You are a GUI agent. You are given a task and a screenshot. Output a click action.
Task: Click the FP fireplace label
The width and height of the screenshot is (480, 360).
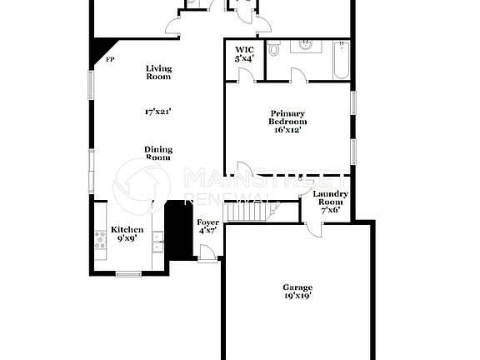coord(109,60)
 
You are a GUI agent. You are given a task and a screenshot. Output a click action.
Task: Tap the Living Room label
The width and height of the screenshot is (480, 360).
coord(158,72)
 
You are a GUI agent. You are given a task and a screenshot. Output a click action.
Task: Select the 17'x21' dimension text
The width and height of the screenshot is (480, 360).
coord(158,110)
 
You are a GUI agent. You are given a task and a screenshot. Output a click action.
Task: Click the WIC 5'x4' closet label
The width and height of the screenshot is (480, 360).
coord(244,55)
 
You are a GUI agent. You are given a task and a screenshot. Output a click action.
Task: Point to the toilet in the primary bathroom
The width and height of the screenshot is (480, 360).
coord(274,51)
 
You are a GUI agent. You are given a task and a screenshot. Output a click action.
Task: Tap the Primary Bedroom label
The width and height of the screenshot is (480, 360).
coord(287,122)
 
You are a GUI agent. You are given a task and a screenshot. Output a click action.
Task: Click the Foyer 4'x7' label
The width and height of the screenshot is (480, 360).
coord(207,227)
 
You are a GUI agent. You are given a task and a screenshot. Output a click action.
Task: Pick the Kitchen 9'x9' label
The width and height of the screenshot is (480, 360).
coord(127,234)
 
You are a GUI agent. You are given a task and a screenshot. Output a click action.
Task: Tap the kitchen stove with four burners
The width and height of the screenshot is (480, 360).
coord(101,241)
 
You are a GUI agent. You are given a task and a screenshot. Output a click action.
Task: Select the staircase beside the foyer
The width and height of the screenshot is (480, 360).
coord(250,213)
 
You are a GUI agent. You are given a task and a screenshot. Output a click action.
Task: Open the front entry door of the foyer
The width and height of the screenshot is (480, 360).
coord(208,260)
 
